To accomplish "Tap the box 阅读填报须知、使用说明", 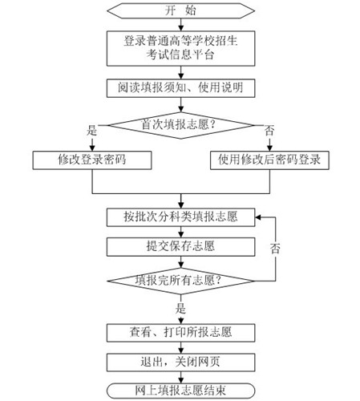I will tap(180, 87).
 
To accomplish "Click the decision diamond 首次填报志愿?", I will tap(180, 124).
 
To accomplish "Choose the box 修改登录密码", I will tap(93, 160).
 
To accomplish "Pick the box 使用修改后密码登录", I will tap(269, 160).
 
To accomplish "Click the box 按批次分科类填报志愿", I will tap(180, 217).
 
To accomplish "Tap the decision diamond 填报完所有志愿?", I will tap(180, 281).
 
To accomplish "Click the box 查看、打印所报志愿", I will tap(180, 330).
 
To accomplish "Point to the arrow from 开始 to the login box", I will tap(180, 26).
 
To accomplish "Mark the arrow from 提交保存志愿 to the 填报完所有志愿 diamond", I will tap(180, 261).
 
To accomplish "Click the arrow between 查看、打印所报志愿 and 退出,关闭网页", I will tap(180, 346).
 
